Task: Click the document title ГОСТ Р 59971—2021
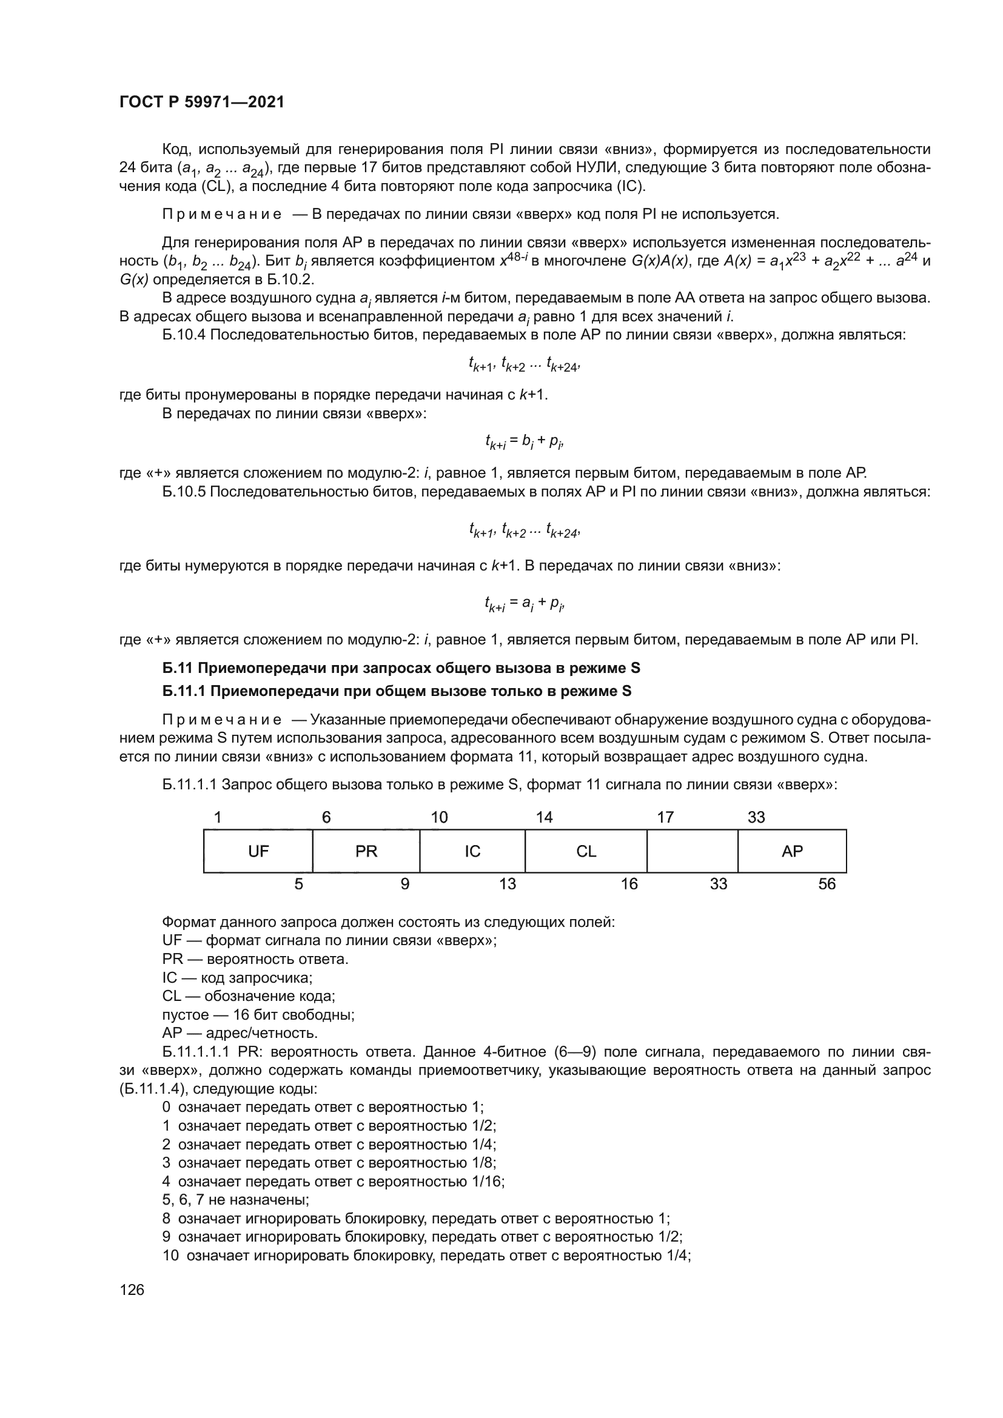click(201, 102)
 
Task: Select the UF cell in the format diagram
click(258, 852)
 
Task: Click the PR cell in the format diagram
click(366, 852)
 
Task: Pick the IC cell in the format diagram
click(472, 852)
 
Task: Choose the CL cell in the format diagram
click(586, 852)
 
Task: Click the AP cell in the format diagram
click(793, 852)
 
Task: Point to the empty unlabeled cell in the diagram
click(693, 852)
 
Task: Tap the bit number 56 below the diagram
click(827, 885)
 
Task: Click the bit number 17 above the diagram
click(665, 818)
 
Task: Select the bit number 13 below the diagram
click(507, 885)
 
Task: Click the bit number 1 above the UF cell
click(218, 818)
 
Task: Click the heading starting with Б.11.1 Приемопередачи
click(397, 691)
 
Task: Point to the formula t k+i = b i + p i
click(525, 441)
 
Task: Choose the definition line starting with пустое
click(258, 1015)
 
